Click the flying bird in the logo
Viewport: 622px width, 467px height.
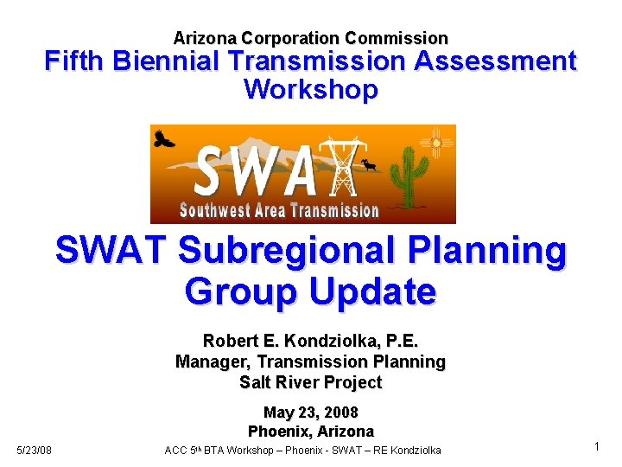coord(163,137)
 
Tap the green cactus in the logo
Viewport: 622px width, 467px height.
coord(404,176)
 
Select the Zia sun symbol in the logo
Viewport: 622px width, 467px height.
coord(435,142)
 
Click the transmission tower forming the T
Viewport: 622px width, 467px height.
coord(344,168)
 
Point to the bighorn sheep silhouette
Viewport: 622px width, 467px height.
coord(370,164)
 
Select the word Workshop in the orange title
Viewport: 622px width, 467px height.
coord(310,89)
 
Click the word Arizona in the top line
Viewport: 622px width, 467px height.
coord(205,38)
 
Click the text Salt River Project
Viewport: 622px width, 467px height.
coord(310,382)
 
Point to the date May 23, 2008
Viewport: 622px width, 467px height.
coord(310,412)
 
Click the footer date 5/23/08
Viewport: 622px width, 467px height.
coord(35,450)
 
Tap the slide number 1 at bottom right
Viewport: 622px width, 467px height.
coord(596,446)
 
